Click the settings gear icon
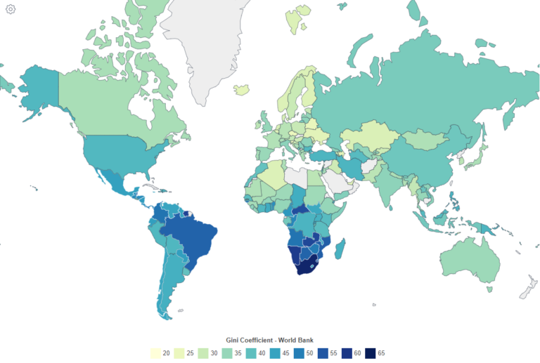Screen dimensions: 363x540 [11, 9]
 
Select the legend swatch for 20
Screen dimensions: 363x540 [156, 353]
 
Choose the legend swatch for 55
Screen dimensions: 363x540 [321, 353]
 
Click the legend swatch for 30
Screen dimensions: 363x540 [204, 353]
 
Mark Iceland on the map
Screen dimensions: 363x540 [242, 89]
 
